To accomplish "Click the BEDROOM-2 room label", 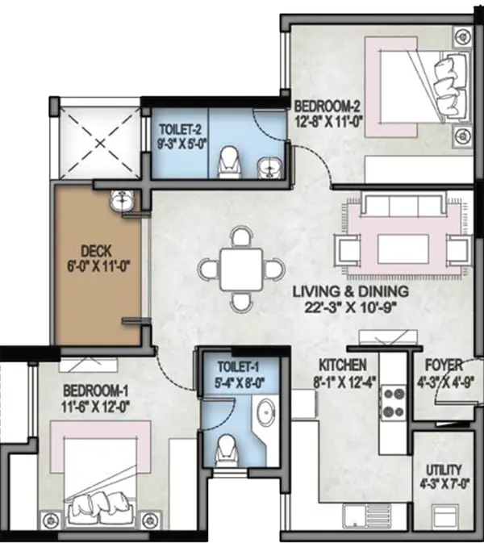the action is [x=328, y=105].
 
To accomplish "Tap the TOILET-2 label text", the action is [x=180, y=130].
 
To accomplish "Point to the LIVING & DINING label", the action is [x=351, y=291].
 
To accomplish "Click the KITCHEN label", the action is [x=342, y=365].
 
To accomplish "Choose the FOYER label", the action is [x=444, y=365].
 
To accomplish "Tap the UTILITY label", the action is [x=444, y=470].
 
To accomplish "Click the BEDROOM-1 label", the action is [x=95, y=391].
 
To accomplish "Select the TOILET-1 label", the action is [x=238, y=367].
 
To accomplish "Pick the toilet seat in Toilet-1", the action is [x=227, y=450].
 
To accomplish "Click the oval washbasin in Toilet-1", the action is [x=266, y=412].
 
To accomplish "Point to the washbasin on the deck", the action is [x=122, y=200].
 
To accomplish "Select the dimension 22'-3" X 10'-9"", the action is [x=350, y=307].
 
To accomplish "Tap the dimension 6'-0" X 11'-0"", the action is [x=98, y=266].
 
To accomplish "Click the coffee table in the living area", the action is [x=403, y=249].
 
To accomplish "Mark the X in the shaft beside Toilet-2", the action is [x=100, y=143].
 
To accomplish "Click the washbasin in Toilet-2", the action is [x=269, y=166].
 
